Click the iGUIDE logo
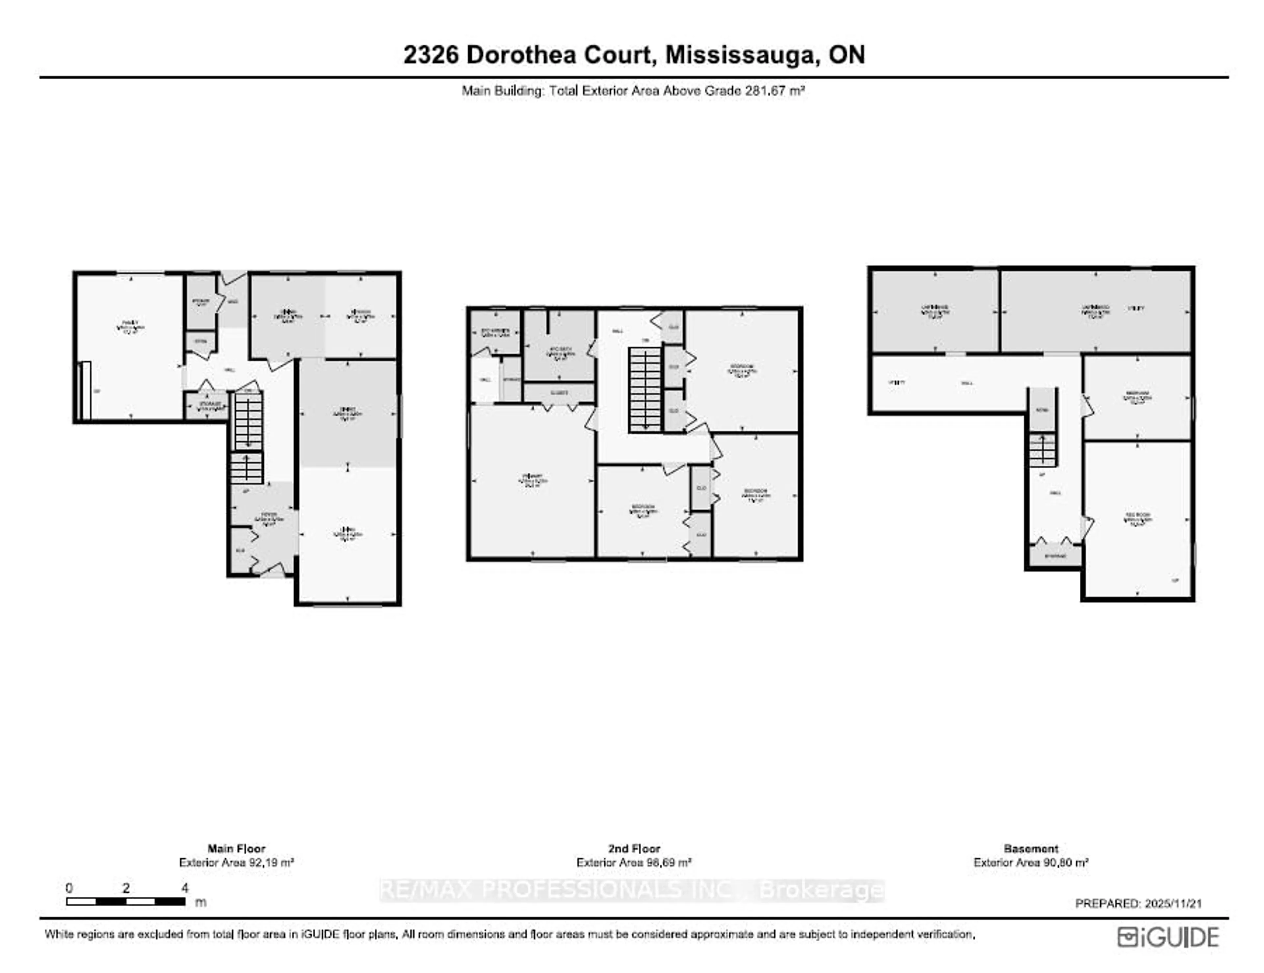1168,937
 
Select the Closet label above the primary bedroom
559,393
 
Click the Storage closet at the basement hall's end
1055,556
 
